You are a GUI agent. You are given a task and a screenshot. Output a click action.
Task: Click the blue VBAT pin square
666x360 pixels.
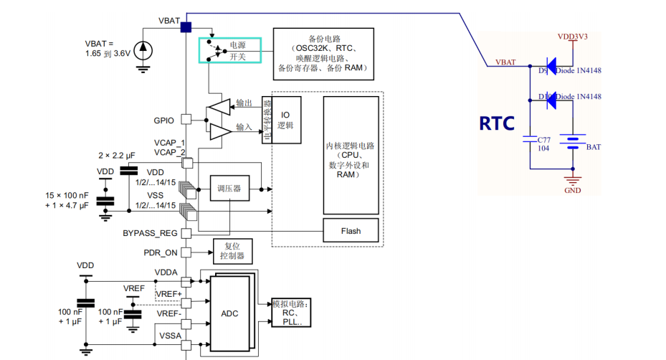(186, 27)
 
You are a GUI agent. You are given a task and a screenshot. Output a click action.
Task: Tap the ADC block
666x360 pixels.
(229, 313)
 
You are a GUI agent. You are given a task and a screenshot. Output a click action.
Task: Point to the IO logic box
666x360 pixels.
(285, 120)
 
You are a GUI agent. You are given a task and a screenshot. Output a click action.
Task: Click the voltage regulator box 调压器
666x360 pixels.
(229, 189)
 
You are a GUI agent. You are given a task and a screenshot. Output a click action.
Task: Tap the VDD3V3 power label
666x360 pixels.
(572, 35)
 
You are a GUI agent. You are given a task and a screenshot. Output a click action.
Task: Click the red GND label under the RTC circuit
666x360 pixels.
(572, 190)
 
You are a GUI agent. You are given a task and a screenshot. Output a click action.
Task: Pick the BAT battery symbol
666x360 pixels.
(573, 142)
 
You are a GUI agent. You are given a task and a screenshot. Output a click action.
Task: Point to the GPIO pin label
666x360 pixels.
(164, 120)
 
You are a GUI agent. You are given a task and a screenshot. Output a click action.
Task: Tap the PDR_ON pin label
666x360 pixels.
(160, 252)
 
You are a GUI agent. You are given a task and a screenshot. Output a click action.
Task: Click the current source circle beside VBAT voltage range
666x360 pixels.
(143, 49)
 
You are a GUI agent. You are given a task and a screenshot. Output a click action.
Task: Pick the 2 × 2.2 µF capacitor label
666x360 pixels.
(117, 155)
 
